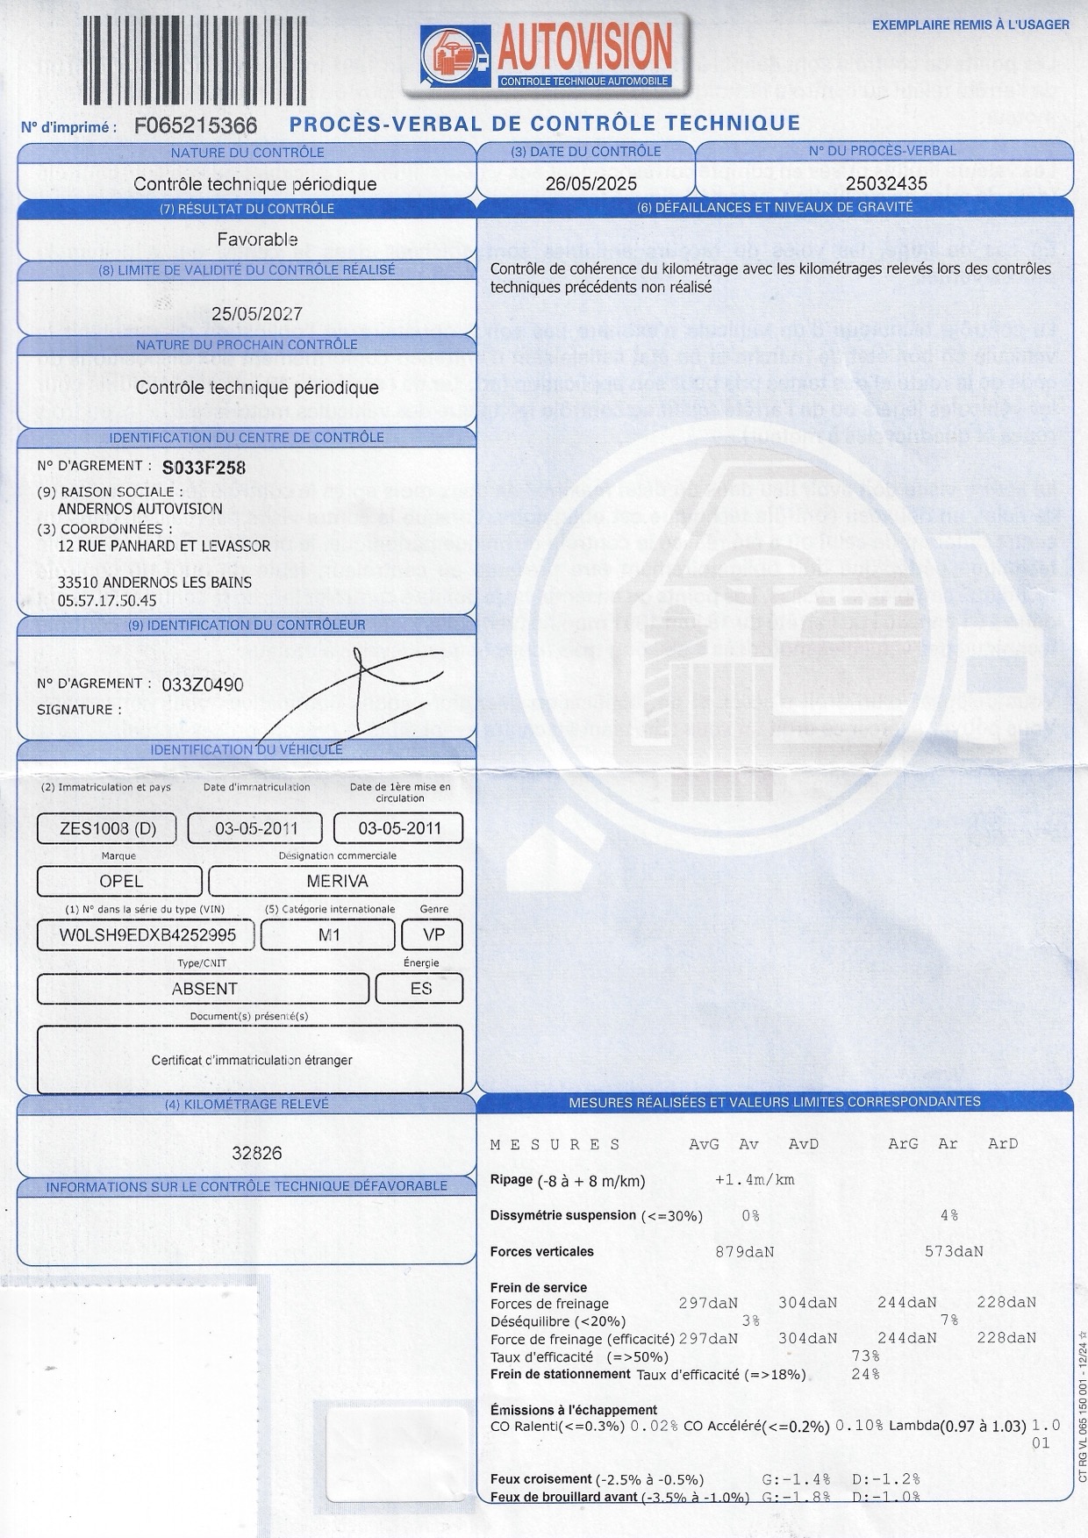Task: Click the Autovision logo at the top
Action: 546,55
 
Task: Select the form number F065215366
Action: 196,126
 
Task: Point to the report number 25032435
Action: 885,183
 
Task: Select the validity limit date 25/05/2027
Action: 257,314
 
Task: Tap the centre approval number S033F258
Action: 204,468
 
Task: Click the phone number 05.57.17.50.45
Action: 107,601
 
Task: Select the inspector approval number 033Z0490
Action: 203,685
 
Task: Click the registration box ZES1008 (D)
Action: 107,828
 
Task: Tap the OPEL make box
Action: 120,882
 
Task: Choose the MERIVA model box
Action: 337,882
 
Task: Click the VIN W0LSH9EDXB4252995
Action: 147,935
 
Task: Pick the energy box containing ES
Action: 420,989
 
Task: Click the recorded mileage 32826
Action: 257,1154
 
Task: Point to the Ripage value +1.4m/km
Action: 755,1180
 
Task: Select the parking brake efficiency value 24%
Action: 865,1375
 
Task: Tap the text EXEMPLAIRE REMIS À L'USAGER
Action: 970,25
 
